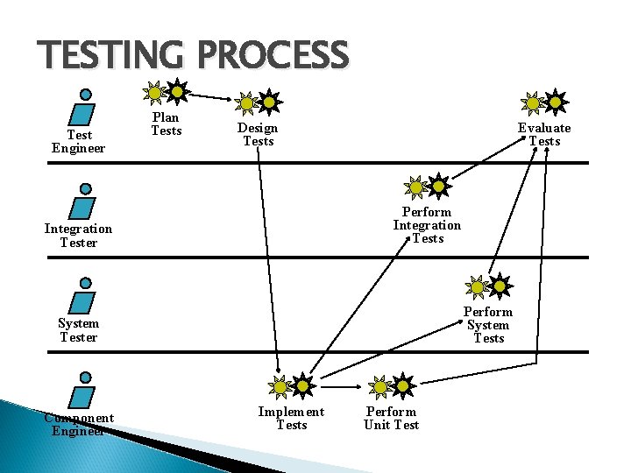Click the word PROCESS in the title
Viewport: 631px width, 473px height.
point(273,56)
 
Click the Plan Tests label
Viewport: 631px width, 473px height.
point(166,124)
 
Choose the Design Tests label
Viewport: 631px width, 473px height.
point(258,134)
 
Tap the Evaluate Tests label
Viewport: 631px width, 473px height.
point(543,134)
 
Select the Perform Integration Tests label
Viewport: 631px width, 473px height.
point(427,225)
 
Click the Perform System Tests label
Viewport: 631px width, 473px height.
point(488,325)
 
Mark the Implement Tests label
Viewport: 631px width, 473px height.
point(291,418)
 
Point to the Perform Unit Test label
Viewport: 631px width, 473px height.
point(391,418)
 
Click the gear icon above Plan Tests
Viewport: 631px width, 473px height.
point(166,91)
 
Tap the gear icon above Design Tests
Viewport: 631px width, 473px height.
point(259,102)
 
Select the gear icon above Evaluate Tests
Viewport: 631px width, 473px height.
point(543,102)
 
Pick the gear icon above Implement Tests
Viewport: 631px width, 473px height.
point(291,385)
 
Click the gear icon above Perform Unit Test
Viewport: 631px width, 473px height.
point(391,385)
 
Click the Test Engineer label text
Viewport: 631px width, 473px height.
point(78,142)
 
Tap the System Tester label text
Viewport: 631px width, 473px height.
point(78,330)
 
